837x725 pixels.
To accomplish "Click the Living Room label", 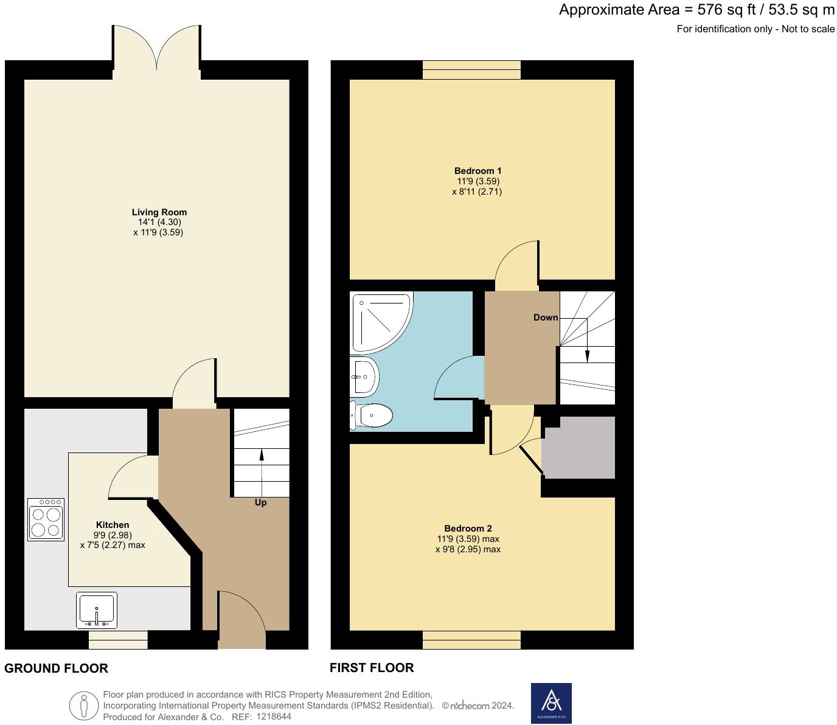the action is point(159,212).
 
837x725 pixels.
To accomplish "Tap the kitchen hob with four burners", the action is point(46,519).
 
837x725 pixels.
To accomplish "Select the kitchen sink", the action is point(97,610).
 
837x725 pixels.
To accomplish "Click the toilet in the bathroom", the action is point(371,415).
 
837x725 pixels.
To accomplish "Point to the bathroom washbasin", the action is point(364,377).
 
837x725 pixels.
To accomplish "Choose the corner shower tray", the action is point(381,322).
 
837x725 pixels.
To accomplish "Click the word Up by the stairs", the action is point(261,503).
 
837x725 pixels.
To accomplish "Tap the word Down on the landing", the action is point(546,317).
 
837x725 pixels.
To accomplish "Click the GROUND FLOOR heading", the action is point(57,668).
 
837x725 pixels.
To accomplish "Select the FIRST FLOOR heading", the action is point(372,667).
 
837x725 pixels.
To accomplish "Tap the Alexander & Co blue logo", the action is point(551,703).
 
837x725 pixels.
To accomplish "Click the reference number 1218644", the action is point(274,716).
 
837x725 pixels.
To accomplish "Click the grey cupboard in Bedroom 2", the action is point(579,448).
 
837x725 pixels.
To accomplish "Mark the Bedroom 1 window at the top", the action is point(472,69).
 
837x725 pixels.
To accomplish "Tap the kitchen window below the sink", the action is point(118,640).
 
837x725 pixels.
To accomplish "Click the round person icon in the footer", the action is point(84,706).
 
